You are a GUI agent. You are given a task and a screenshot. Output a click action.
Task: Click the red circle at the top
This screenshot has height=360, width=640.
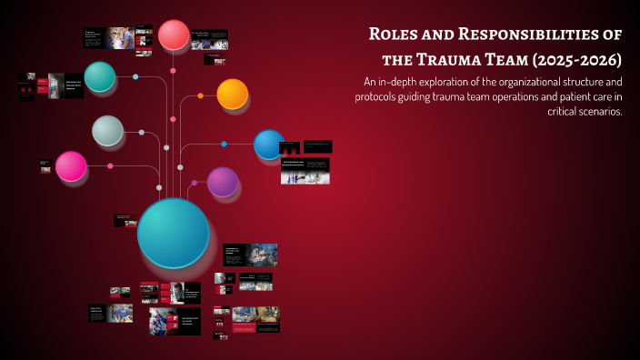[x=174, y=35]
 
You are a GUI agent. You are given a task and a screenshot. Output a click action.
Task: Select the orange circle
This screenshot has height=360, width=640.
[x=233, y=94]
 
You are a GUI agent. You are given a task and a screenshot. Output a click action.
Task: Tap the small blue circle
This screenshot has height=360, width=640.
[x=268, y=144]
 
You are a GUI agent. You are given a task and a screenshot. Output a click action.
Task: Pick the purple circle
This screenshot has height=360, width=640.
[x=223, y=182]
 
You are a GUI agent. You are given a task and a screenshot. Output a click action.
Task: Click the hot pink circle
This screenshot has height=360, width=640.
[x=71, y=166]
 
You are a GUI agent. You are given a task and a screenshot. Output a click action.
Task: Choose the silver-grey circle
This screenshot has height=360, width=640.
[x=107, y=131]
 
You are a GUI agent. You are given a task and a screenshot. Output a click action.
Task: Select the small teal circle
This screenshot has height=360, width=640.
[x=100, y=76]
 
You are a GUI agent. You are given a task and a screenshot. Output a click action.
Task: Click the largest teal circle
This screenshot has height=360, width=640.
[x=173, y=233]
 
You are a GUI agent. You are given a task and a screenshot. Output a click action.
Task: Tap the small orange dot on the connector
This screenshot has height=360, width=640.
[x=201, y=95]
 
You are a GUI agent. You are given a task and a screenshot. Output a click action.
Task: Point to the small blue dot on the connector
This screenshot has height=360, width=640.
[x=225, y=144]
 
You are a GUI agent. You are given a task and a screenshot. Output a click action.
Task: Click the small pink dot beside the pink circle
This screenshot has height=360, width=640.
[x=110, y=165]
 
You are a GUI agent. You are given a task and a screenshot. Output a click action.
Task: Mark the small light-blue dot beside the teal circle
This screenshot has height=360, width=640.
[x=135, y=76]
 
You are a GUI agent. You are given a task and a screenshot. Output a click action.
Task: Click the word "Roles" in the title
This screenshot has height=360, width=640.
[x=395, y=35]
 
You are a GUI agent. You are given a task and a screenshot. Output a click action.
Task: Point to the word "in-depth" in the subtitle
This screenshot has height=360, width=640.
[x=401, y=82]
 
